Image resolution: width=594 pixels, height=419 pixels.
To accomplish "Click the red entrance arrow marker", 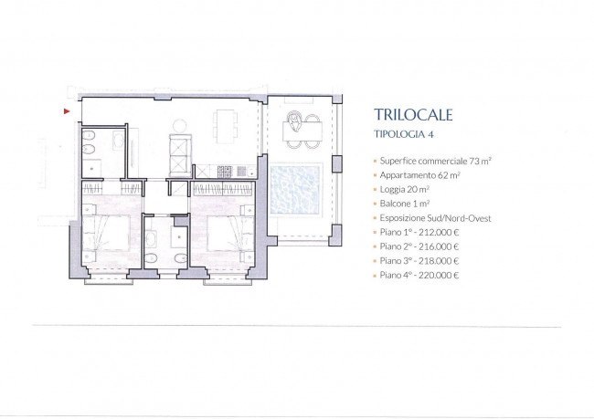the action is pos(67,111).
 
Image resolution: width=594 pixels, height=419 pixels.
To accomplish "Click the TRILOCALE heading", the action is pos(413,115).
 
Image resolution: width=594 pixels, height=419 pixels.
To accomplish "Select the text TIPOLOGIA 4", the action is pos(404,134).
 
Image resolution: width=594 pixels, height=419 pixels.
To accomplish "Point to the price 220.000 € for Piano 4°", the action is pos(439,275).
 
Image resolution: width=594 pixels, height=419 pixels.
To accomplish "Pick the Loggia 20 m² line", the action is pos(405,189).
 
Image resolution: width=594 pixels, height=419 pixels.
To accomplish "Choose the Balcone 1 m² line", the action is pos(405,204).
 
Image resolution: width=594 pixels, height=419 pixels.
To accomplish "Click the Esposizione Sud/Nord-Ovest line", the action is pos(435,218).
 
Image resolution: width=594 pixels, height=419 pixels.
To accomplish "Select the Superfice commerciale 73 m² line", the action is pos(435,161).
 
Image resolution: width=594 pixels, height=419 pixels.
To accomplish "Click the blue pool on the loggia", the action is pos(296,189).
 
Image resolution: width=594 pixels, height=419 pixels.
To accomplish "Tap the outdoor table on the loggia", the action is pos(302,131).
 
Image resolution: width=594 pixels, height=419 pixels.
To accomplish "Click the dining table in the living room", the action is pos(226,126).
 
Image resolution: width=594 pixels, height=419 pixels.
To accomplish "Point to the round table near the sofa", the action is pos(179,126).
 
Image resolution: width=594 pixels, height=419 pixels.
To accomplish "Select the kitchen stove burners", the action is pos(225,172).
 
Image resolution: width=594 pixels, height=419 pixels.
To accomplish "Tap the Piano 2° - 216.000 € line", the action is pos(419,246).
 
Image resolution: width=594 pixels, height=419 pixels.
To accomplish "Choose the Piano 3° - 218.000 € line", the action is pos(419,261).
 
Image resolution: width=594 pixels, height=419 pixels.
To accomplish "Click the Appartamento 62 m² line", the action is pos(419,175).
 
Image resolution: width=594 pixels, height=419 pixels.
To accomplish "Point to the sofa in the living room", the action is pos(180,155).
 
